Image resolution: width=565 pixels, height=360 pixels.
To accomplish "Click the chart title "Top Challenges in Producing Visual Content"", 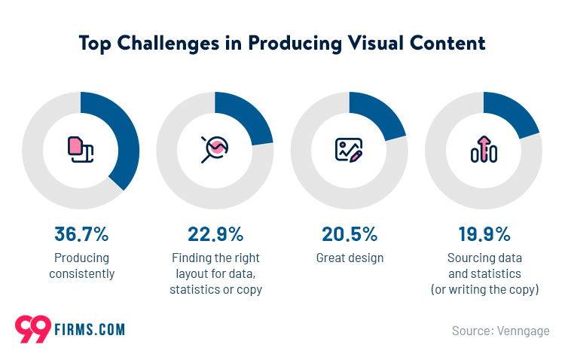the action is point(282,43).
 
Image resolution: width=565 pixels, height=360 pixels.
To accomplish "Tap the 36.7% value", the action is point(81,234).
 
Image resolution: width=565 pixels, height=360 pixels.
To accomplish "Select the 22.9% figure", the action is point(215,234).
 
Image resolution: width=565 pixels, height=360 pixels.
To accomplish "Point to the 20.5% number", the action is point(350,234).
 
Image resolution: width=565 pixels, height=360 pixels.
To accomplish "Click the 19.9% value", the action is point(484,234).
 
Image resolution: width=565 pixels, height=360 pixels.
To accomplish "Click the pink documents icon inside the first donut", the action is point(81,150).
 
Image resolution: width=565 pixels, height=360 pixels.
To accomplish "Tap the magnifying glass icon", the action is point(215,150).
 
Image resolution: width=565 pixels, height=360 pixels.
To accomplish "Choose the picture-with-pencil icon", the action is point(349,150).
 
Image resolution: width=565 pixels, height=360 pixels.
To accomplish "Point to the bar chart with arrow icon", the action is point(484,149).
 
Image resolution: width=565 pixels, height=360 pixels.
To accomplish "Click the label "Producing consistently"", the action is point(82,266).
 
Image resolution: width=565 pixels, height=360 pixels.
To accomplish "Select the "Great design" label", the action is point(350,258).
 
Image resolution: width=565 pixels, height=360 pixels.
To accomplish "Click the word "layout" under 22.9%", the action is point(192,274).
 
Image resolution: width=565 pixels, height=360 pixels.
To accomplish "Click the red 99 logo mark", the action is point(33,329).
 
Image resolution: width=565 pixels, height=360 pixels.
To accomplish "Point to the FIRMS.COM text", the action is point(90,330).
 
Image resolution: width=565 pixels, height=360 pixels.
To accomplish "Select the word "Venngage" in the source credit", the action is point(524,331).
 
